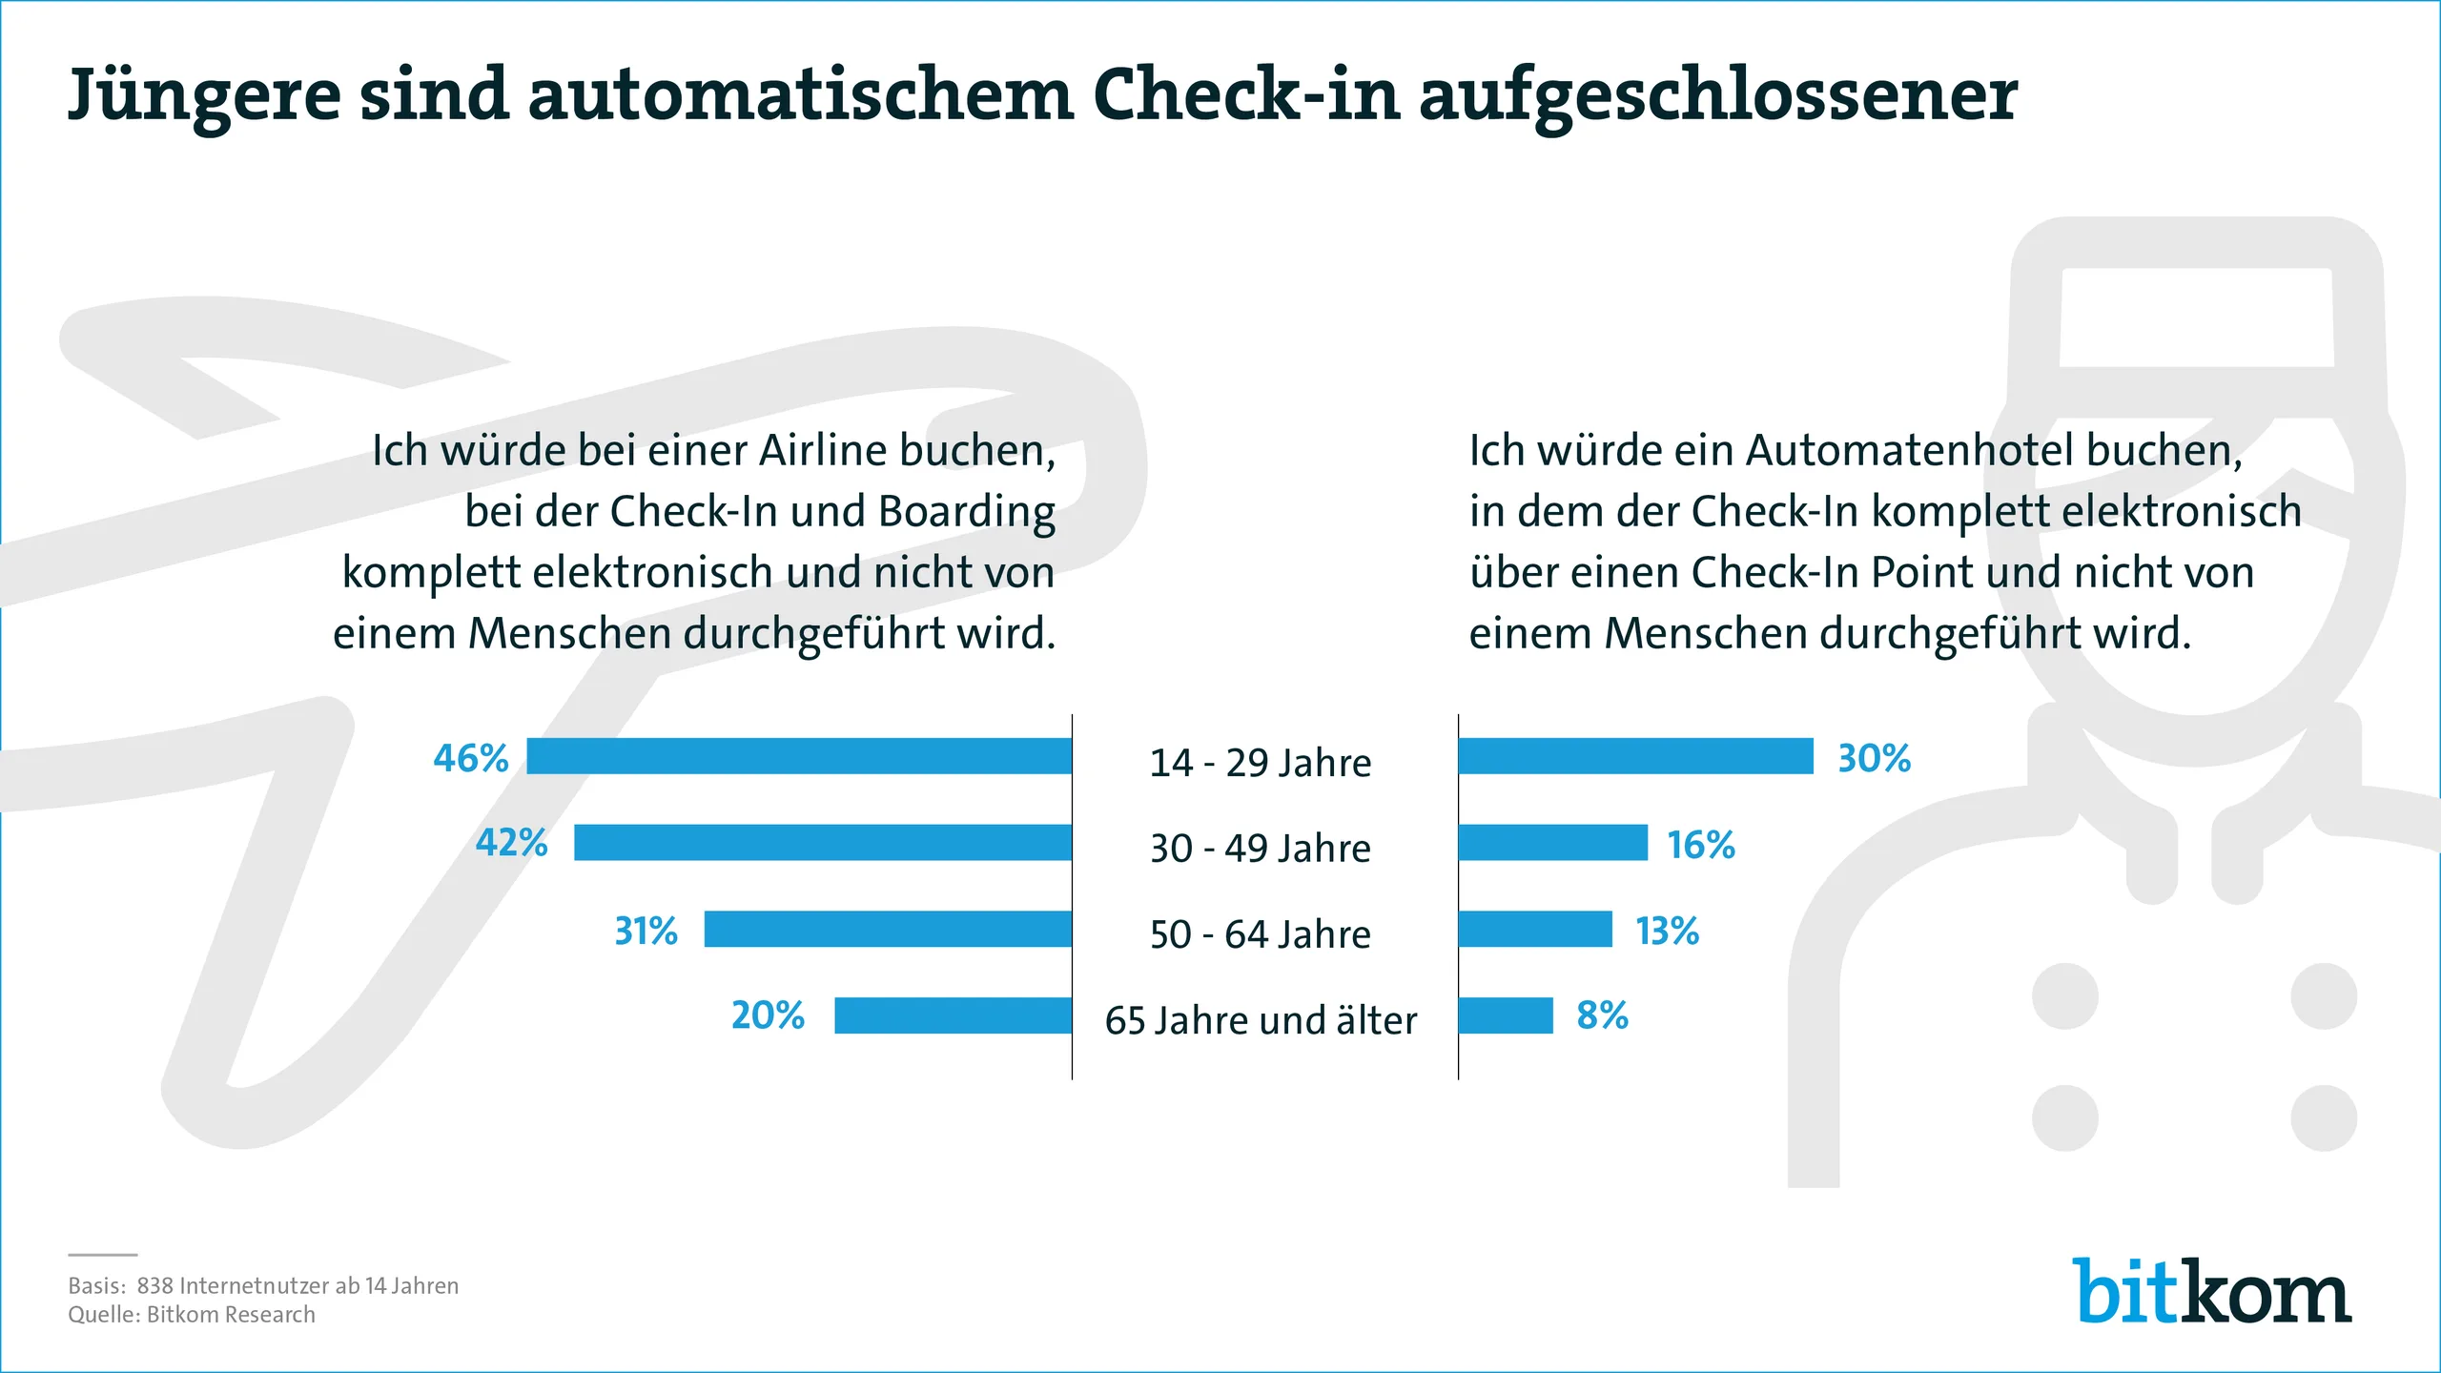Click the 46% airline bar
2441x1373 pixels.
[799, 756]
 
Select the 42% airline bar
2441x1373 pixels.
[822, 843]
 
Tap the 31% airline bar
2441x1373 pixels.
[888, 929]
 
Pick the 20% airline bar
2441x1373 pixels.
[953, 1015]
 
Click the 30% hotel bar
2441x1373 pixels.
[1635, 756]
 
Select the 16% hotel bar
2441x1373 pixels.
[1552, 843]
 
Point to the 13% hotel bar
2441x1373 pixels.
[1535, 929]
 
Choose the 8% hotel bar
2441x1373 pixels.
[1506, 1015]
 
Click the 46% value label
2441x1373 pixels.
[470, 758]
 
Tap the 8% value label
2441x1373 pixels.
[1602, 1015]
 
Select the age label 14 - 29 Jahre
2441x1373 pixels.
[1260, 763]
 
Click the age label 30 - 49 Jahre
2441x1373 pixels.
[1260, 848]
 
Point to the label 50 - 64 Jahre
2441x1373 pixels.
[1260, 934]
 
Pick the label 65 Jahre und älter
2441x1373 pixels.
[1261, 1020]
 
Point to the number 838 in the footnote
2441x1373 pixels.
[154, 1285]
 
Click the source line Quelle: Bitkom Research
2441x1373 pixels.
[191, 1315]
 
